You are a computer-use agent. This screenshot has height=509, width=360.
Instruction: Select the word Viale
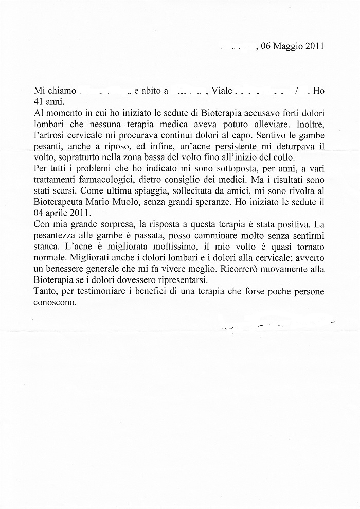pyautogui.click(x=222, y=91)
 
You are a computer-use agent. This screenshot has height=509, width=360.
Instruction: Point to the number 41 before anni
pyautogui.click(x=38, y=101)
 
